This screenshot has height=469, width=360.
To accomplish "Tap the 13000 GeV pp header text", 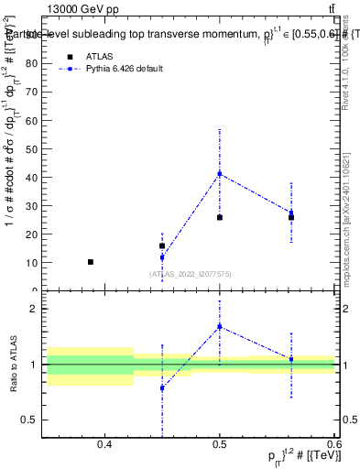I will pyautogui.click(x=82, y=8).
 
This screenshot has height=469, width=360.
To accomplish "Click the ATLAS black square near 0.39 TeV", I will pyautogui.click(x=91, y=262).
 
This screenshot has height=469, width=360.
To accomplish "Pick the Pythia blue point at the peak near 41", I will pyautogui.click(x=220, y=173).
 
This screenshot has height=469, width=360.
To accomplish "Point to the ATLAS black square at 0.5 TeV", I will pyautogui.click(x=220, y=217).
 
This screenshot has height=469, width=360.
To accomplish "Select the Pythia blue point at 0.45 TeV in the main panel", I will pyautogui.click(x=162, y=257).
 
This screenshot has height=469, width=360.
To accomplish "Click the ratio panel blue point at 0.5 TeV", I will pyautogui.click(x=220, y=326).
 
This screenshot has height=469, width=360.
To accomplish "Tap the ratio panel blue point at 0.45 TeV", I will pyautogui.click(x=162, y=388).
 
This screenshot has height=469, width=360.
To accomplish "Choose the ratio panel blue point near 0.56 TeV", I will pyautogui.click(x=291, y=359).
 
